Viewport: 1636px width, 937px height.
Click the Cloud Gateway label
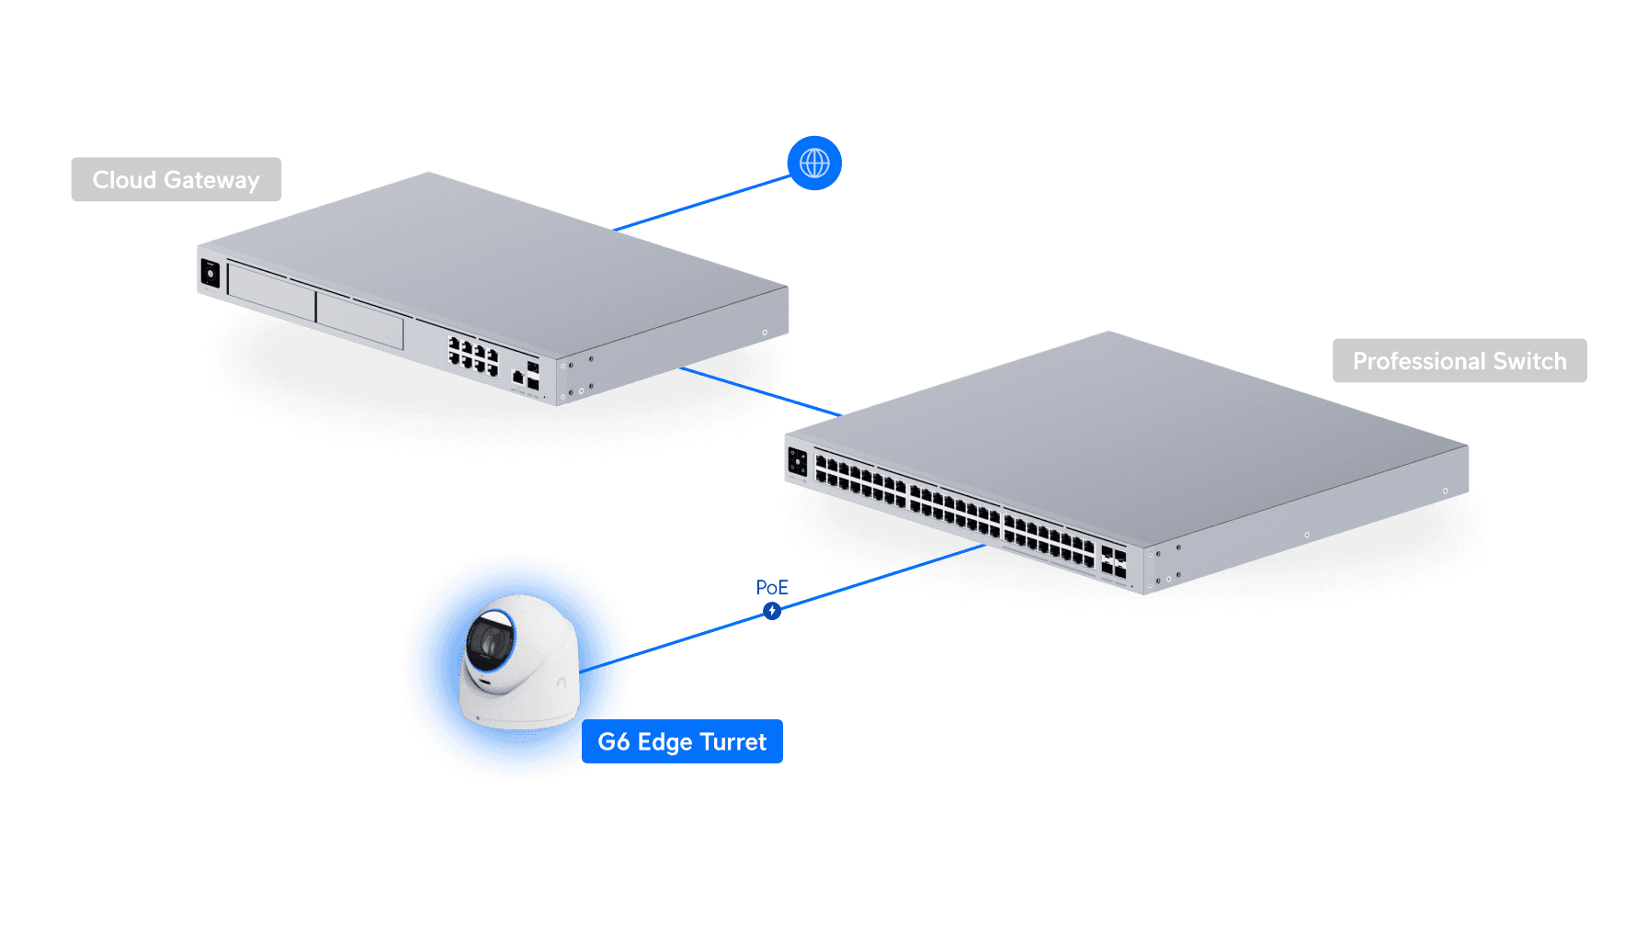pos(176,180)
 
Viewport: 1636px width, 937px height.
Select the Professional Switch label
pos(1459,361)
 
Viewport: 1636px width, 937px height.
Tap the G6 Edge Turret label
pos(682,742)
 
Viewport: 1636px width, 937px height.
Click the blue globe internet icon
pos(814,164)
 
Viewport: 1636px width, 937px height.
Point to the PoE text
pos(772,587)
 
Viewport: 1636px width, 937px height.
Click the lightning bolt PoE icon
pos(772,611)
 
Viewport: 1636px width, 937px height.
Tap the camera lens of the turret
pos(489,639)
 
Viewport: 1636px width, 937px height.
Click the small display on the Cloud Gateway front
pos(210,274)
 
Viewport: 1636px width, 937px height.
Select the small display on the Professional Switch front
pos(797,462)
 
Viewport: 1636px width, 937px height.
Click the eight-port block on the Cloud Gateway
pos(472,355)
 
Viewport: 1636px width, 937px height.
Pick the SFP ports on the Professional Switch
pos(1113,562)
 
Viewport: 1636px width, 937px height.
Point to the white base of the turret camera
pos(518,708)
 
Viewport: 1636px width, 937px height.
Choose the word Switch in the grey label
pos(1529,361)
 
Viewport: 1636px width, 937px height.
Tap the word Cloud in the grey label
pos(124,180)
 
